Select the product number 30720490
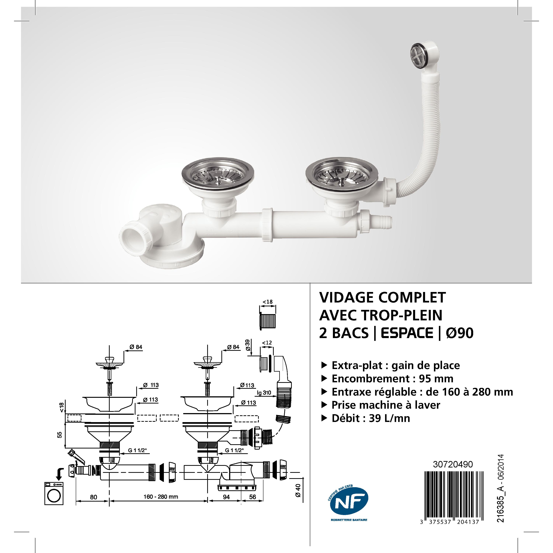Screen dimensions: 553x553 pyautogui.click(x=453, y=464)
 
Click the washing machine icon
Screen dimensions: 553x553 pyautogui.click(x=54, y=493)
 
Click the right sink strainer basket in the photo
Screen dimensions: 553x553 pyautogui.click(x=342, y=175)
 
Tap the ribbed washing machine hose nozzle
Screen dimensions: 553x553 pyautogui.click(x=382, y=221)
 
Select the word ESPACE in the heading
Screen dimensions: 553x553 pyautogui.click(x=407, y=333)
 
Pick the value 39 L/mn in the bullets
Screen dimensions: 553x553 pyautogui.click(x=389, y=418)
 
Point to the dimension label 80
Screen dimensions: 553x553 pyautogui.click(x=94, y=497)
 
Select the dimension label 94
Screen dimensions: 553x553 pyautogui.click(x=226, y=497)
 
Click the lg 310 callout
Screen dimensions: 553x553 pyautogui.click(x=264, y=393)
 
